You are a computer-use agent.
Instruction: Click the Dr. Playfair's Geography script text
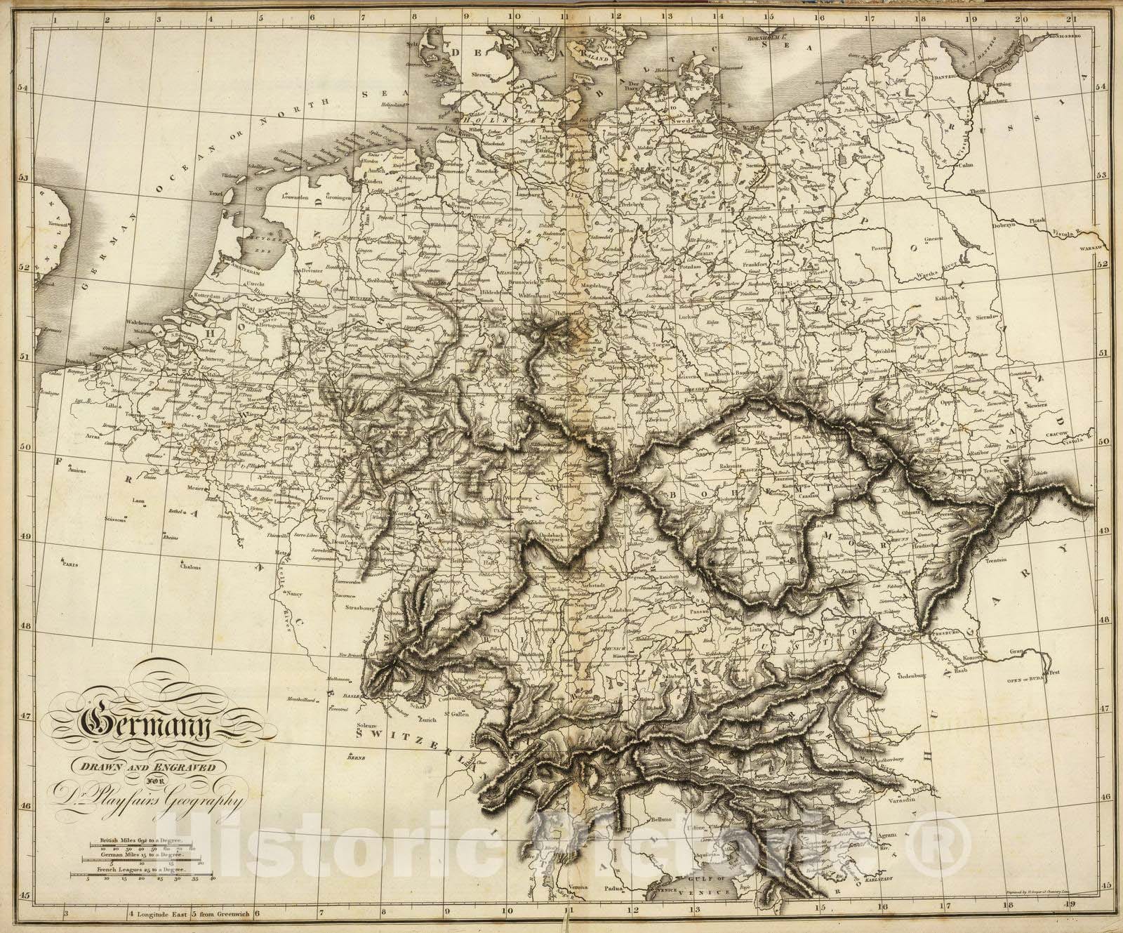pyautogui.click(x=144, y=798)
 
